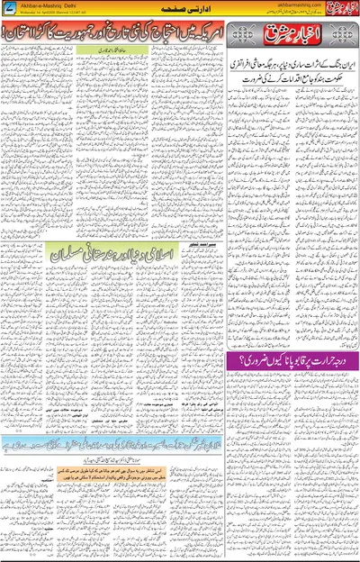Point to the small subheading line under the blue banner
click(112, 455)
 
